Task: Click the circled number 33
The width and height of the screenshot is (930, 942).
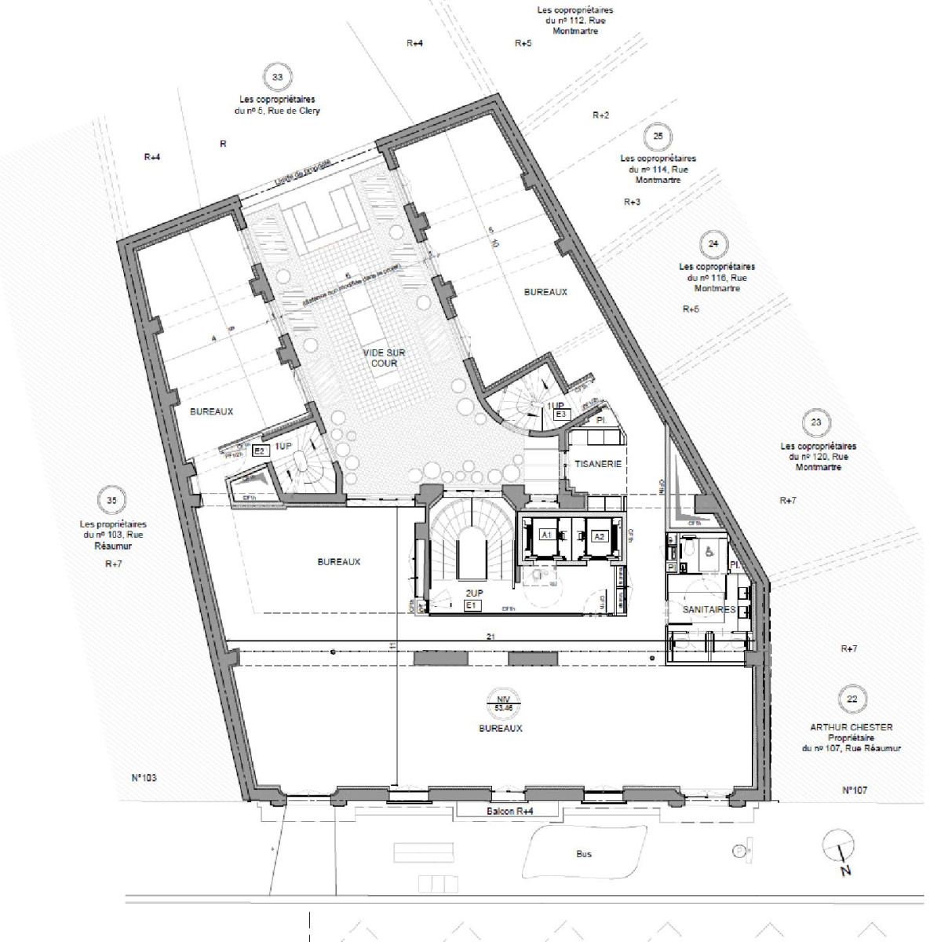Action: [277, 77]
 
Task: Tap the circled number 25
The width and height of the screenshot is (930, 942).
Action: [658, 137]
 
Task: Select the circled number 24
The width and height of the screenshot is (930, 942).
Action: [713, 244]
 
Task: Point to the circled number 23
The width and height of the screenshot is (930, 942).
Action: [816, 422]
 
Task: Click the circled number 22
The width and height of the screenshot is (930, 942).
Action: [852, 698]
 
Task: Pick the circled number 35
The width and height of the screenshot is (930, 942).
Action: [112, 499]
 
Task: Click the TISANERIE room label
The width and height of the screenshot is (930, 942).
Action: [598, 464]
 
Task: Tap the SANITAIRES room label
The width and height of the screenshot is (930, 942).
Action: [709, 610]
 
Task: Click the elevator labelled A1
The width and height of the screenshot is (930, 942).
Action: [546, 535]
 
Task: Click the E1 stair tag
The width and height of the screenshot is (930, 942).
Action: [472, 607]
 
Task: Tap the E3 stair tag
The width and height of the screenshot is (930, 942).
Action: [560, 414]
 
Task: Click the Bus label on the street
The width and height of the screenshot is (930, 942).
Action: [583, 853]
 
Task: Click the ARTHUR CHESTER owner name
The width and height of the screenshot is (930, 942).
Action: [851, 727]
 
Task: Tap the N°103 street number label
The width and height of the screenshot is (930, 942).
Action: [144, 778]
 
